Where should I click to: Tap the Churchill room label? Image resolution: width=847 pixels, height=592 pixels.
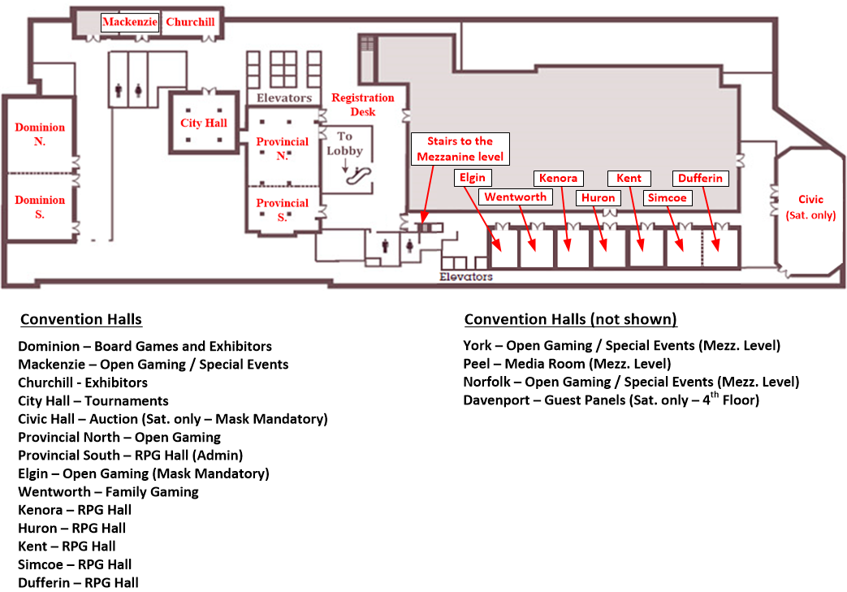point(190,23)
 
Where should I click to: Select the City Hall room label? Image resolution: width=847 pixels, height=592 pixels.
point(204,123)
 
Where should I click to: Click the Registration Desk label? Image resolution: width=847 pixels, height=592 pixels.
point(362,105)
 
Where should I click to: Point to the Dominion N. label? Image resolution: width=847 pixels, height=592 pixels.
point(40,134)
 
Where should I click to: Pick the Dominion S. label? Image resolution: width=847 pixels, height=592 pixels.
point(40,207)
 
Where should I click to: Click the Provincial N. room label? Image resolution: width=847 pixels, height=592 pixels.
point(283,149)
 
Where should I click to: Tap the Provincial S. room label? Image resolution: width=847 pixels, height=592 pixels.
point(283,210)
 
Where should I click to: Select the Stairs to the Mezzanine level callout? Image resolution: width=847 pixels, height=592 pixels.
point(460,149)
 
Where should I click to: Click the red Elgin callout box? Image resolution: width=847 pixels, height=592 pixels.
point(473,178)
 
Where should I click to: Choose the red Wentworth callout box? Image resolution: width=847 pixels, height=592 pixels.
point(516,197)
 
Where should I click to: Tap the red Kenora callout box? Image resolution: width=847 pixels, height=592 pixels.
point(558,178)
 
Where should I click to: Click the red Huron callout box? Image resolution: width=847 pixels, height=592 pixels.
point(599,197)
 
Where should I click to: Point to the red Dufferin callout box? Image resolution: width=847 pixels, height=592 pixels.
point(699,178)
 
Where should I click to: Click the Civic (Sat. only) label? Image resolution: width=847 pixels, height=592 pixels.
point(810,207)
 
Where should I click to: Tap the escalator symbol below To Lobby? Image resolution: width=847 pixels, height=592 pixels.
point(357,176)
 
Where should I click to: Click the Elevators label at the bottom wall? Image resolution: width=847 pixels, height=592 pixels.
point(465,277)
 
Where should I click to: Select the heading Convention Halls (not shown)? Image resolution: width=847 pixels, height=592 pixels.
point(570,319)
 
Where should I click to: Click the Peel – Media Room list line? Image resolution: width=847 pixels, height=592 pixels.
point(567,364)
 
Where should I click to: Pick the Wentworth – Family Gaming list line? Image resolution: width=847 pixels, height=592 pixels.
point(108,491)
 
